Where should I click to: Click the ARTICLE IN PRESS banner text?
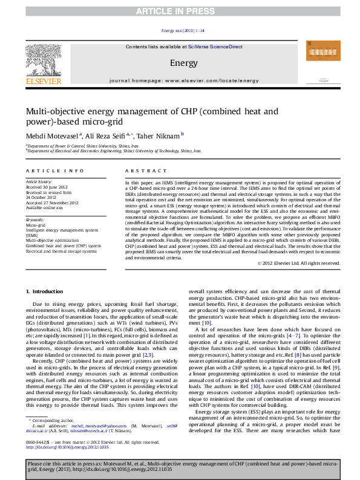pos(180,11)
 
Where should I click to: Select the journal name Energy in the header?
pos(183,62)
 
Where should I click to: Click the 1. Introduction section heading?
pos(48,291)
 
